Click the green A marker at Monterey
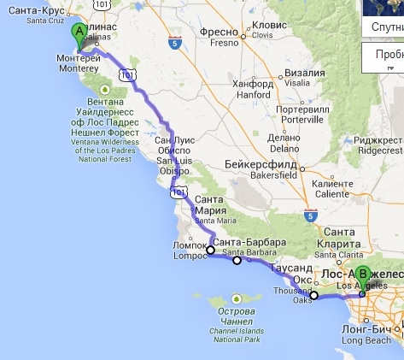pos(79,35)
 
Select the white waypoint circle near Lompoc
pos(210,250)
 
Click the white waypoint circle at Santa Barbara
pos(237,260)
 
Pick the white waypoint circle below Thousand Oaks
pos(313,296)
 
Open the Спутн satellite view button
pos(386,27)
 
